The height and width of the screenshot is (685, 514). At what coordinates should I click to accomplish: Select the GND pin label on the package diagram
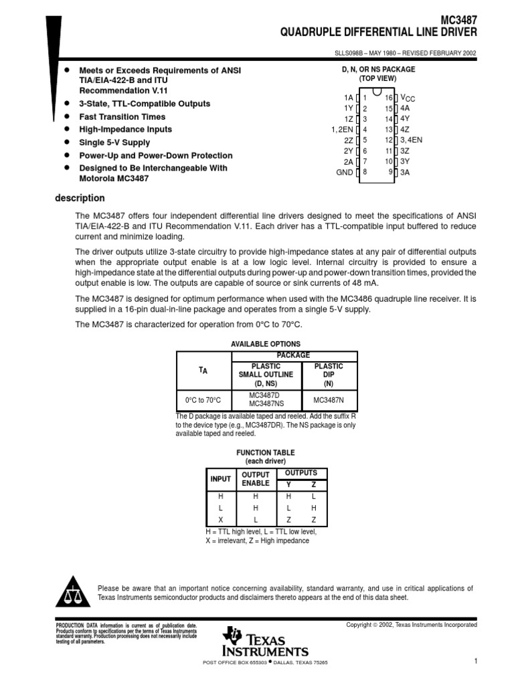coord(344,173)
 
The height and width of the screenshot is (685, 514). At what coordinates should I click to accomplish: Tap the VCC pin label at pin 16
coord(407,98)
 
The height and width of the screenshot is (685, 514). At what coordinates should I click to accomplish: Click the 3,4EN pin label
coord(411,140)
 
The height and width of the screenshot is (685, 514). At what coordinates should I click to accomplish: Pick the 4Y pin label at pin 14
coord(405,119)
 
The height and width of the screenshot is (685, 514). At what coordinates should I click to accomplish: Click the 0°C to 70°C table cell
coord(203,400)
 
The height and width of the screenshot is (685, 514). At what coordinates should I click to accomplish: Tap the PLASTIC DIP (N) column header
coord(329,375)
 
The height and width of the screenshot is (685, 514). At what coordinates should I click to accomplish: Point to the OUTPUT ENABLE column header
coord(255,479)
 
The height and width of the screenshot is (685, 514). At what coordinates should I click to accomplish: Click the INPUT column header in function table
coord(220,479)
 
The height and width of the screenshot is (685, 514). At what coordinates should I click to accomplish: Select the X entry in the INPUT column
coord(220,520)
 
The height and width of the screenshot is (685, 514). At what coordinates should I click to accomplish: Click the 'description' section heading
coord(79,198)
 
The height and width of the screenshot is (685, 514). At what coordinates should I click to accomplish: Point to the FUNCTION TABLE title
coord(265,453)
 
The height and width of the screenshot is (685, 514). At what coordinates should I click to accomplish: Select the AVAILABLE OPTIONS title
coord(266,344)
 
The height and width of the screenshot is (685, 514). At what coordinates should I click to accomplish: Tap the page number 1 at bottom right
coord(475,662)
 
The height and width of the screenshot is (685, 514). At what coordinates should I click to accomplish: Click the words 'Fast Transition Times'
coord(122,116)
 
